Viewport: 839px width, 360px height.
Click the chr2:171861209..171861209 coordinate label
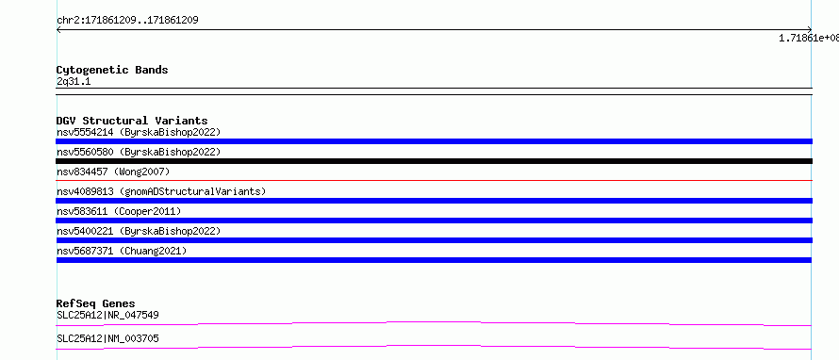coord(127,21)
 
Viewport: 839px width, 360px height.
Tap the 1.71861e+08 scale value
coord(809,38)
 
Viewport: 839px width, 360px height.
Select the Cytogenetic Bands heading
coord(112,70)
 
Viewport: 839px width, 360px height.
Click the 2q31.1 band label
coord(74,81)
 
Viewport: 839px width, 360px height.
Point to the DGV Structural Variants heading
coord(132,121)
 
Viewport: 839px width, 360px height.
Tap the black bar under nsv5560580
coord(434,161)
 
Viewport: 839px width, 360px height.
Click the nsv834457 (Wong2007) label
coord(113,172)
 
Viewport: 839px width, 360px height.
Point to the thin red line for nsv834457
coord(434,181)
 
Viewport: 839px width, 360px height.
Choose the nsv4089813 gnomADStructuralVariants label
coord(161,191)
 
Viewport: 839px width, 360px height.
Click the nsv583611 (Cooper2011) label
coord(119,211)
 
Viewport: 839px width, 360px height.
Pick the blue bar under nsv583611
coord(434,221)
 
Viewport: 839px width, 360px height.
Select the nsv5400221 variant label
coord(139,231)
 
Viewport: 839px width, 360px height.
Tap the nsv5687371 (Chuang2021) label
coord(122,251)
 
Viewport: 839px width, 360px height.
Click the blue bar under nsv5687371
coord(434,260)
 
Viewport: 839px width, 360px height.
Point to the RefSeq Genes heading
coord(96,303)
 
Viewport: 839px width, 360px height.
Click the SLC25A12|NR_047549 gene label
coord(107,315)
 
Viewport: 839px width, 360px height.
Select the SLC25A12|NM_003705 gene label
coord(107,338)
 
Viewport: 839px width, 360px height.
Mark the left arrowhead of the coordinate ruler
coord(58,30)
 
